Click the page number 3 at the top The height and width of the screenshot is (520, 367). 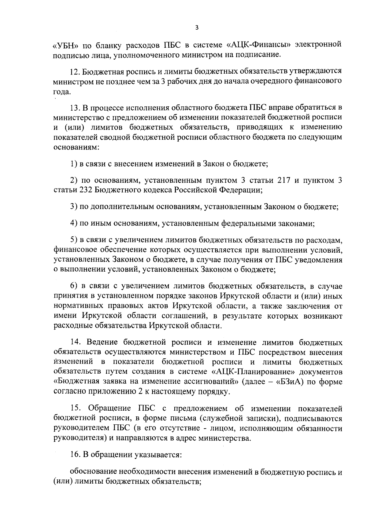[197, 28]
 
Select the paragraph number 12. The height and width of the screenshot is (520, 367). [75, 72]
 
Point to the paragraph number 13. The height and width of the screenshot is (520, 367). [75, 108]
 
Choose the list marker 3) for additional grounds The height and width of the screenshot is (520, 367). [73, 207]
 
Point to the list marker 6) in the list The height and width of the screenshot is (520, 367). [73, 286]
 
